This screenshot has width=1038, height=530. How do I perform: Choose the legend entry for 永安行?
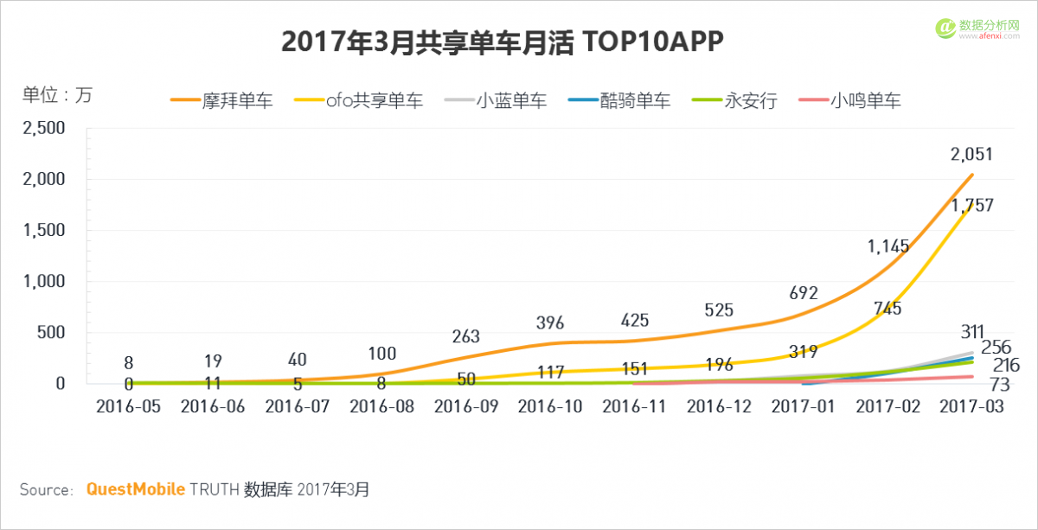[734, 101]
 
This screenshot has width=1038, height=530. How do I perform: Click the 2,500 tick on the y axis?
[42, 128]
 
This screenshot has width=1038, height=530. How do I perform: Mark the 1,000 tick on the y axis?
[42, 281]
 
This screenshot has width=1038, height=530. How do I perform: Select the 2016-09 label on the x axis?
[466, 407]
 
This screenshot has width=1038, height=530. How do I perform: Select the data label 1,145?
[888, 246]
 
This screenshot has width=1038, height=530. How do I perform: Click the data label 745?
[887, 308]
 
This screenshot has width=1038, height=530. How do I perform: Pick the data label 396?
[549, 323]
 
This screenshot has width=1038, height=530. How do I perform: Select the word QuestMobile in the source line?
[135, 489]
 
